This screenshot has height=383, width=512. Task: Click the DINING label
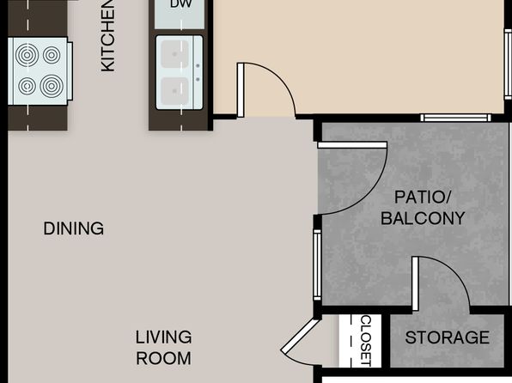point(74,228)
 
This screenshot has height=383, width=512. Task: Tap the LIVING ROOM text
point(163,348)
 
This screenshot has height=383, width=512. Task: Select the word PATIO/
point(423,198)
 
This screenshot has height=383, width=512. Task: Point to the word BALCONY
point(423,218)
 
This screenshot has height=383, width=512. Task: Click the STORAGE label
point(448,337)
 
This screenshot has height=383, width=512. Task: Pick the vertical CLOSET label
point(366,341)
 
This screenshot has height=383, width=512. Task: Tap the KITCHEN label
point(107,35)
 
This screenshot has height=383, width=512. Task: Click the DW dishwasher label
point(181,4)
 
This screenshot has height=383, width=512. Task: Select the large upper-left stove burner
point(27,55)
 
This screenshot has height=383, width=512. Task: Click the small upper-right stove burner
point(52,55)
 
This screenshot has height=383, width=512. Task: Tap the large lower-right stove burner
point(52,87)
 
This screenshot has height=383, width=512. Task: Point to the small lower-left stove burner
point(27,87)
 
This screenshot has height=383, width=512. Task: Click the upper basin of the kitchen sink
point(175,54)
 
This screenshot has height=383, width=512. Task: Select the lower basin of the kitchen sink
point(175,91)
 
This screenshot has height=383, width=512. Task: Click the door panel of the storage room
point(415,283)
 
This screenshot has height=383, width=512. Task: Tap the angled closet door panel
point(300,336)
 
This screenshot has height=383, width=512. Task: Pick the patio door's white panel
point(352,145)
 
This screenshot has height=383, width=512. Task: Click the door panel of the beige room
point(241,90)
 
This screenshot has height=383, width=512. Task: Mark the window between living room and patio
point(317,264)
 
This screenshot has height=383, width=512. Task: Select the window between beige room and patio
point(455,118)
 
